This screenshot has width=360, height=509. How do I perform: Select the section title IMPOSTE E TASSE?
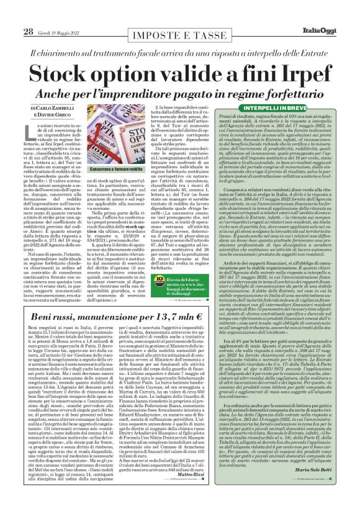(x=180, y=35)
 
